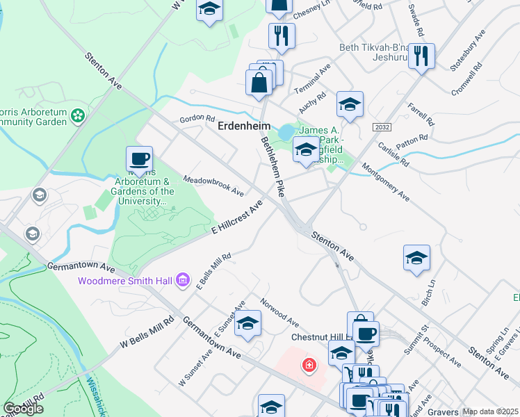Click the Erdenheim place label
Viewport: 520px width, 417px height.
[x=239, y=126]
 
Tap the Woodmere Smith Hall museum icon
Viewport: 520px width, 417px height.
[x=183, y=280]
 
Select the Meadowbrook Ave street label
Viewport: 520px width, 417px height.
[x=213, y=185]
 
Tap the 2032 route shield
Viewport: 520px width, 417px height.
[x=381, y=127]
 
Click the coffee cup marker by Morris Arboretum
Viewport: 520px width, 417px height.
[x=139, y=159]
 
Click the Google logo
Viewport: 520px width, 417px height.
[x=23, y=409]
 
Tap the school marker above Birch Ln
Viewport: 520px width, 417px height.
[x=417, y=258]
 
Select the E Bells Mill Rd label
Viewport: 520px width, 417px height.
[x=213, y=271]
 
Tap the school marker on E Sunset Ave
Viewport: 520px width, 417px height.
[x=247, y=324]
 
